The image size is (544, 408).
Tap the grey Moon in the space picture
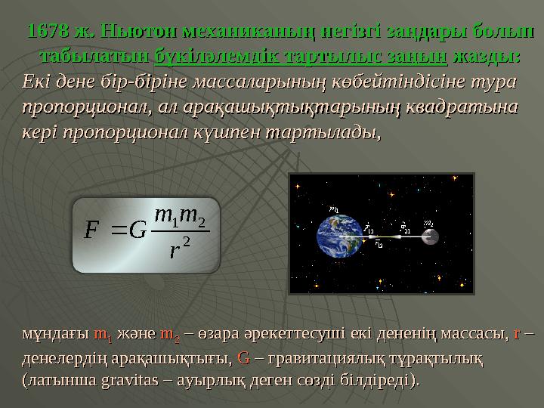point(430,236)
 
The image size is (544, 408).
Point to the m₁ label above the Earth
point(334,209)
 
